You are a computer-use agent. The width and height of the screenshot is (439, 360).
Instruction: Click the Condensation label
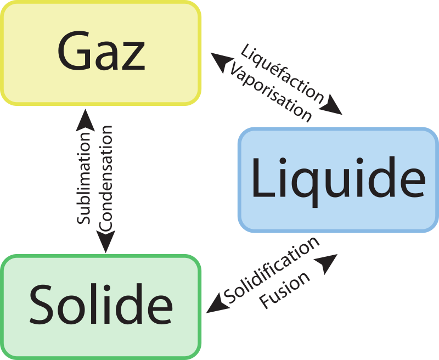pyautogui.click(x=106, y=178)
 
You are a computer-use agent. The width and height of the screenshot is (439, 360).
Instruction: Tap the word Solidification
pyautogui.click(x=272, y=271)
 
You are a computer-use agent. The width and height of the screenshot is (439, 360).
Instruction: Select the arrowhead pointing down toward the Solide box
pyautogui.click(x=106, y=241)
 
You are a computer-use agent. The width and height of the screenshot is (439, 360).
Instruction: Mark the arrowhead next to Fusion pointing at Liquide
pyautogui.click(x=328, y=264)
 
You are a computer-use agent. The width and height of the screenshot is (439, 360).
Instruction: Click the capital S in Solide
pyautogui.click(x=42, y=305)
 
